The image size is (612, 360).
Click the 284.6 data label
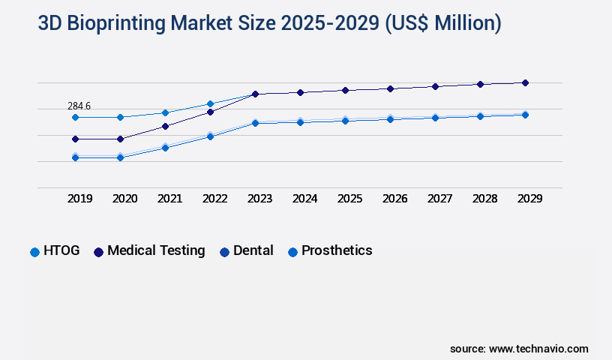coord(79,106)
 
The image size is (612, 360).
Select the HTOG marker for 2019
coord(75,117)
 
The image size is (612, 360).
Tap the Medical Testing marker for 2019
coord(75,139)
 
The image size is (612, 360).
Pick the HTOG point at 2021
coord(165,112)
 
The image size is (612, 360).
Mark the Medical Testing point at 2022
coord(210,112)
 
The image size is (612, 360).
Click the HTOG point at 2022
coord(210,103)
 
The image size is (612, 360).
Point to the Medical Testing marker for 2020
coord(120,139)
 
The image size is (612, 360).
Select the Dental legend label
coord(253,251)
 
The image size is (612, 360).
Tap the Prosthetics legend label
coord(336,251)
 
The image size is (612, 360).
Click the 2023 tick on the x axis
coord(259,199)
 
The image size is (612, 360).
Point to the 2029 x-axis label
coord(529,199)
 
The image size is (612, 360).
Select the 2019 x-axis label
coord(79,199)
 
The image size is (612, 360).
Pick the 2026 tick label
coord(394,199)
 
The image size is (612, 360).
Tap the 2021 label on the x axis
coord(169,199)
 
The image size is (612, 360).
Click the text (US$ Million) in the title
coord(442,23)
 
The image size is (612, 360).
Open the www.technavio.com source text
coord(538,349)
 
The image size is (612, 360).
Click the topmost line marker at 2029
coord(525,82)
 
